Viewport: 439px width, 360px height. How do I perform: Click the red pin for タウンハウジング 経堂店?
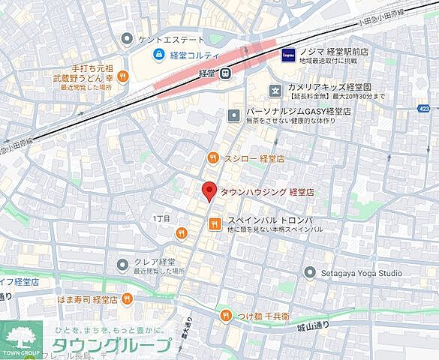210,191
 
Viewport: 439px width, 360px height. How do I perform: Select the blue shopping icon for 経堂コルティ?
158,54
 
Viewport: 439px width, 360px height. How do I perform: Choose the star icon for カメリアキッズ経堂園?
275,91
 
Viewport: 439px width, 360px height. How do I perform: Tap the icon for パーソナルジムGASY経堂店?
234,115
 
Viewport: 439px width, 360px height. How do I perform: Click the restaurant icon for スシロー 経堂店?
213,157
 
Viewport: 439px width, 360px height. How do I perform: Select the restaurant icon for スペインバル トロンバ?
215,223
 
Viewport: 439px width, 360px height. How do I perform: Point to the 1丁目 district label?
161,218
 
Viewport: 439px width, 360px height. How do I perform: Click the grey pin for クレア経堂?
123,263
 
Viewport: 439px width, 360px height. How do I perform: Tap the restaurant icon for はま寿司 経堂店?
128,299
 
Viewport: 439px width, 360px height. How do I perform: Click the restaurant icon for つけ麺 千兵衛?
226,316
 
